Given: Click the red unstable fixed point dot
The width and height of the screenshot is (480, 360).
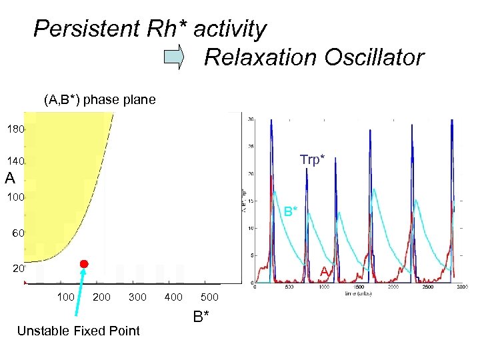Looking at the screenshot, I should (84, 265).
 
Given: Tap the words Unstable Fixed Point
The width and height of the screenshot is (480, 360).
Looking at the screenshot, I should (78, 331).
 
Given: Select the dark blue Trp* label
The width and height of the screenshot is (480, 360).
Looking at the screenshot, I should (313, 159).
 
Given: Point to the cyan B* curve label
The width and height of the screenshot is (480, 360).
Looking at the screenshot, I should (291, 212).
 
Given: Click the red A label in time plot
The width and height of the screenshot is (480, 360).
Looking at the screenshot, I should (323, 271).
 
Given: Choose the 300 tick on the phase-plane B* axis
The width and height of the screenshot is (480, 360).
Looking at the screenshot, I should (137, 296).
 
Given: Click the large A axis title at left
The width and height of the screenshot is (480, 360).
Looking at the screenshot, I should (9, 179).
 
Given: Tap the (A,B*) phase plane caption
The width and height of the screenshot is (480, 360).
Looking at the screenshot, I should (99, 100).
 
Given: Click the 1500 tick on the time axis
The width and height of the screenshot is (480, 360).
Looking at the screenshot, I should (358, 287).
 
